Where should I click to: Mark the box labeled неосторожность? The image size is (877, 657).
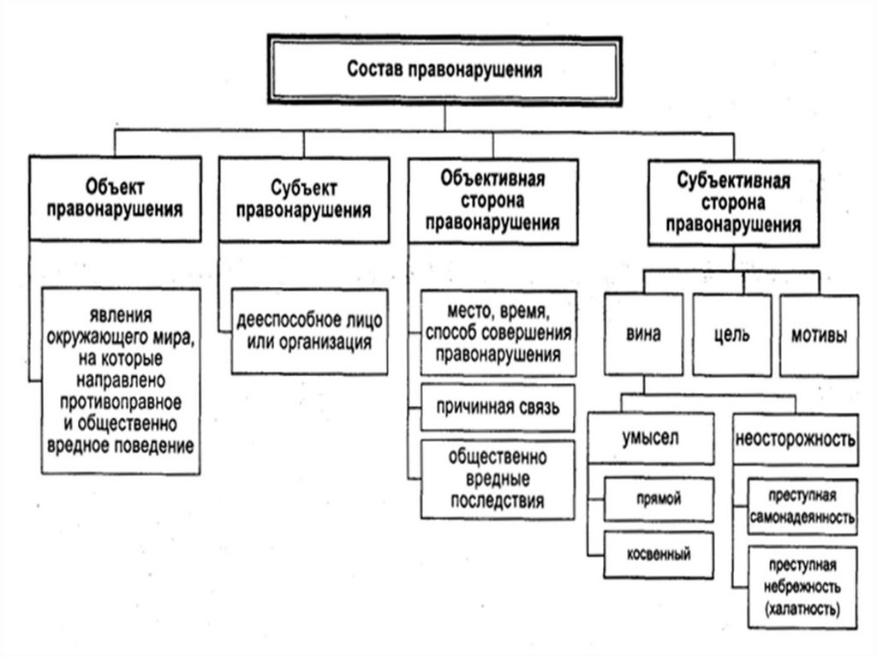796,439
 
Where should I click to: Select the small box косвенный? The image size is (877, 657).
658,554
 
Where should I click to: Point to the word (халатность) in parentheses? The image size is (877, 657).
802,609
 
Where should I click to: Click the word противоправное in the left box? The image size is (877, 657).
121,403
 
